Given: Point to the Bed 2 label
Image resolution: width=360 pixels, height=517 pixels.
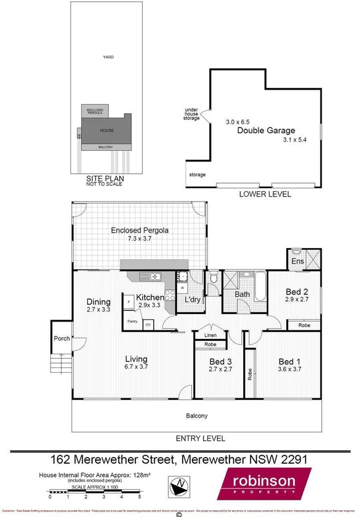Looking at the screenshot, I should (297, 292).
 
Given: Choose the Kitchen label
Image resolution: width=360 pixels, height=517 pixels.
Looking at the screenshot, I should (150, 297).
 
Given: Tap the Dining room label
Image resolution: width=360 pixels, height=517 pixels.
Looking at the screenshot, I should (98, 302).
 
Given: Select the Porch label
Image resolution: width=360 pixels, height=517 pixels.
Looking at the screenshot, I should (62, 338).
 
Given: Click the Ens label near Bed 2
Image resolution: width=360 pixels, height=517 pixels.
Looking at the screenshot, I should (298, 262).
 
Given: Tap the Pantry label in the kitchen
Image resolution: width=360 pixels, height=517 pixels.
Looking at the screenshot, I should (132, 322).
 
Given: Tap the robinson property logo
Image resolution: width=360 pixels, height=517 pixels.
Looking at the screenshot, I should (262, 485).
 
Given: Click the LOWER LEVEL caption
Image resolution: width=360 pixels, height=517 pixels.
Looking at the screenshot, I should (265, 194).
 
